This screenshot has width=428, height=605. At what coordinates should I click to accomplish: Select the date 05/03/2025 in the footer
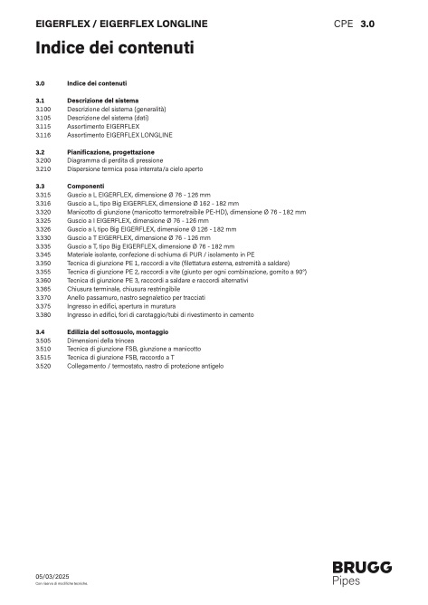52,575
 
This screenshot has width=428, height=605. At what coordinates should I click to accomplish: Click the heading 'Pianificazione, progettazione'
110,151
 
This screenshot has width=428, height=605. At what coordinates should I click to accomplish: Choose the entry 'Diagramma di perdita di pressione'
115,160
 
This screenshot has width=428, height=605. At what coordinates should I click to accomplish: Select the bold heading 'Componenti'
85,186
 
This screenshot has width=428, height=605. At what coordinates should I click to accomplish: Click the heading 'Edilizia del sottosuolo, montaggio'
118,331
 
